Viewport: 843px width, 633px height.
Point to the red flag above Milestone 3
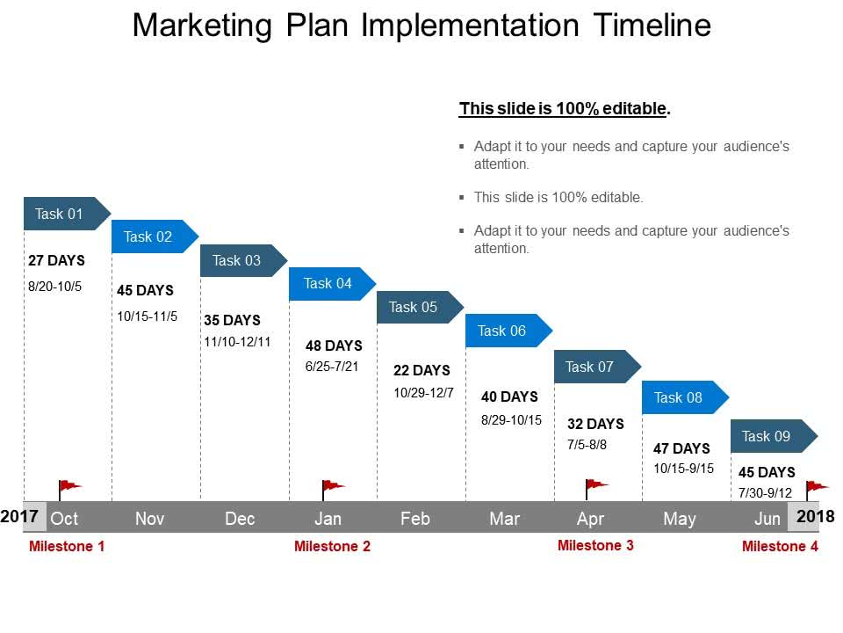pyautogui.click(x=595, y=489)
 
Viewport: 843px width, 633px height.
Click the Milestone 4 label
pyautogui.click(x=780, y=546)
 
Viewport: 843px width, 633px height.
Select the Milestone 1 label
pyautogui.click(x=67, y=546)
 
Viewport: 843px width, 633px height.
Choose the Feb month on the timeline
pyautogui.click(x=415, y=519)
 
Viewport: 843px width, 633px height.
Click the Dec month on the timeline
pyautogui.click(x=240, y=519)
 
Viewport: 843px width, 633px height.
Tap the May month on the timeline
pyautogui.click(x=680, y=519)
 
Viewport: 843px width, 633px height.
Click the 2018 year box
pyautogui.click(x=811, y=516)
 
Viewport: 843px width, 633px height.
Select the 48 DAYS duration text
pyautogui.click(x=334, y=346)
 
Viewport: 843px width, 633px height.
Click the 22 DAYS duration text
pyautogui.click(x=422, y=370)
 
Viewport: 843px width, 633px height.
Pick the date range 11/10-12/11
pyautogui.click(x=238, y=342)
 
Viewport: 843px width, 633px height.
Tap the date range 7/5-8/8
pyautogui.click(x=587, y=445)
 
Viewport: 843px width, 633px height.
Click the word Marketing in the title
pyautogui.click(x=202, y=25)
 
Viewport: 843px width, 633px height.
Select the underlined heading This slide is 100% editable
pyautogui.click(x=565, y=109)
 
